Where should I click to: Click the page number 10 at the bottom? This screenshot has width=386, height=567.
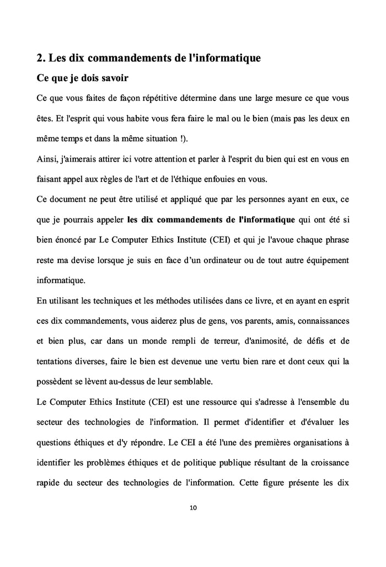coord(193,508)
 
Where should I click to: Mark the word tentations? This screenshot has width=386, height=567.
coord(56,361)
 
